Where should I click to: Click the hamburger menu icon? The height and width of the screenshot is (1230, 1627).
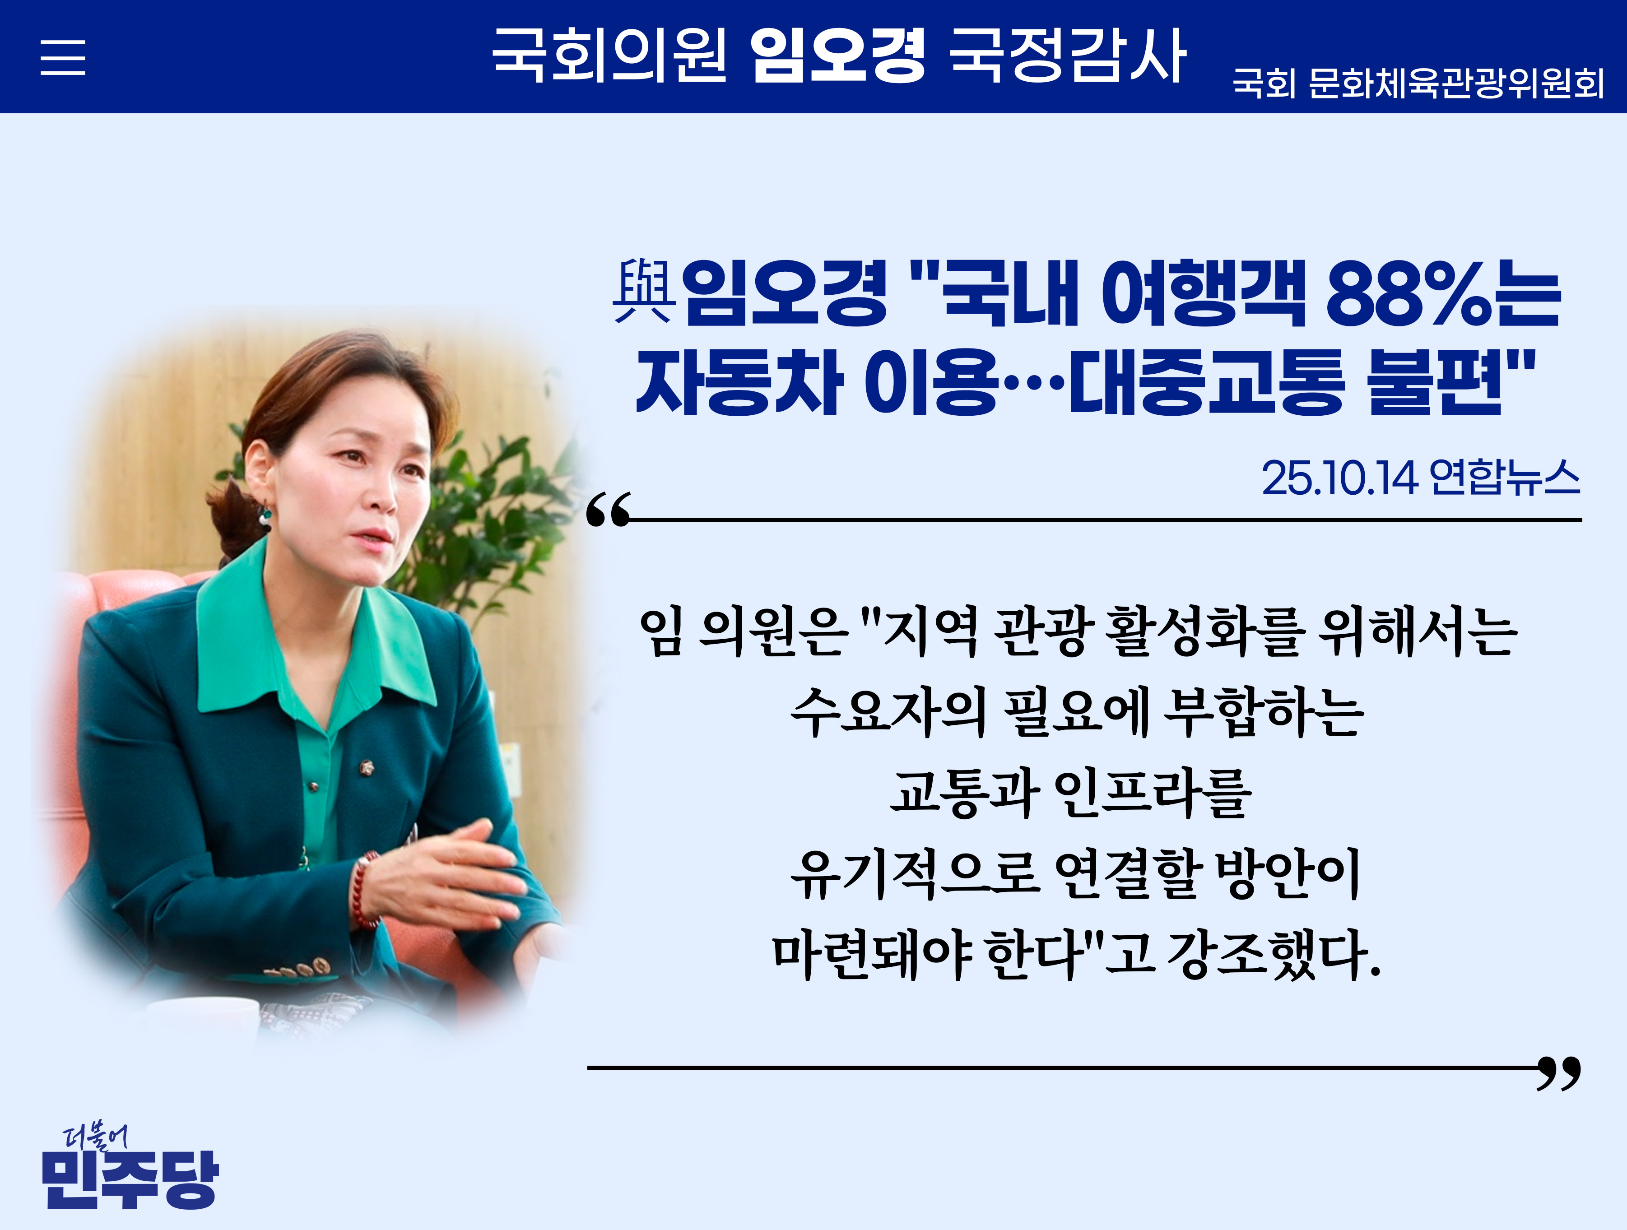click(62, 57)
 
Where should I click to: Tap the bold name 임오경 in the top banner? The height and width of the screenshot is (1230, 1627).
click(837, 56)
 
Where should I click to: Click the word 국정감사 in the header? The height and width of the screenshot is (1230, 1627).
click(1067, 56)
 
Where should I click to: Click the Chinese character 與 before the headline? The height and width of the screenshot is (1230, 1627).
click(644, 292)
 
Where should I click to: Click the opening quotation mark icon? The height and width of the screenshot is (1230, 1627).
click(608, 510)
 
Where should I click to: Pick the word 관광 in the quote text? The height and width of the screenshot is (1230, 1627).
click(1039, 631)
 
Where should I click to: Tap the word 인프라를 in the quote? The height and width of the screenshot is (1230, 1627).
click(1152, 793)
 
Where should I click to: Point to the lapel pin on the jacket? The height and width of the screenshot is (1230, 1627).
click(366, 768)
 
